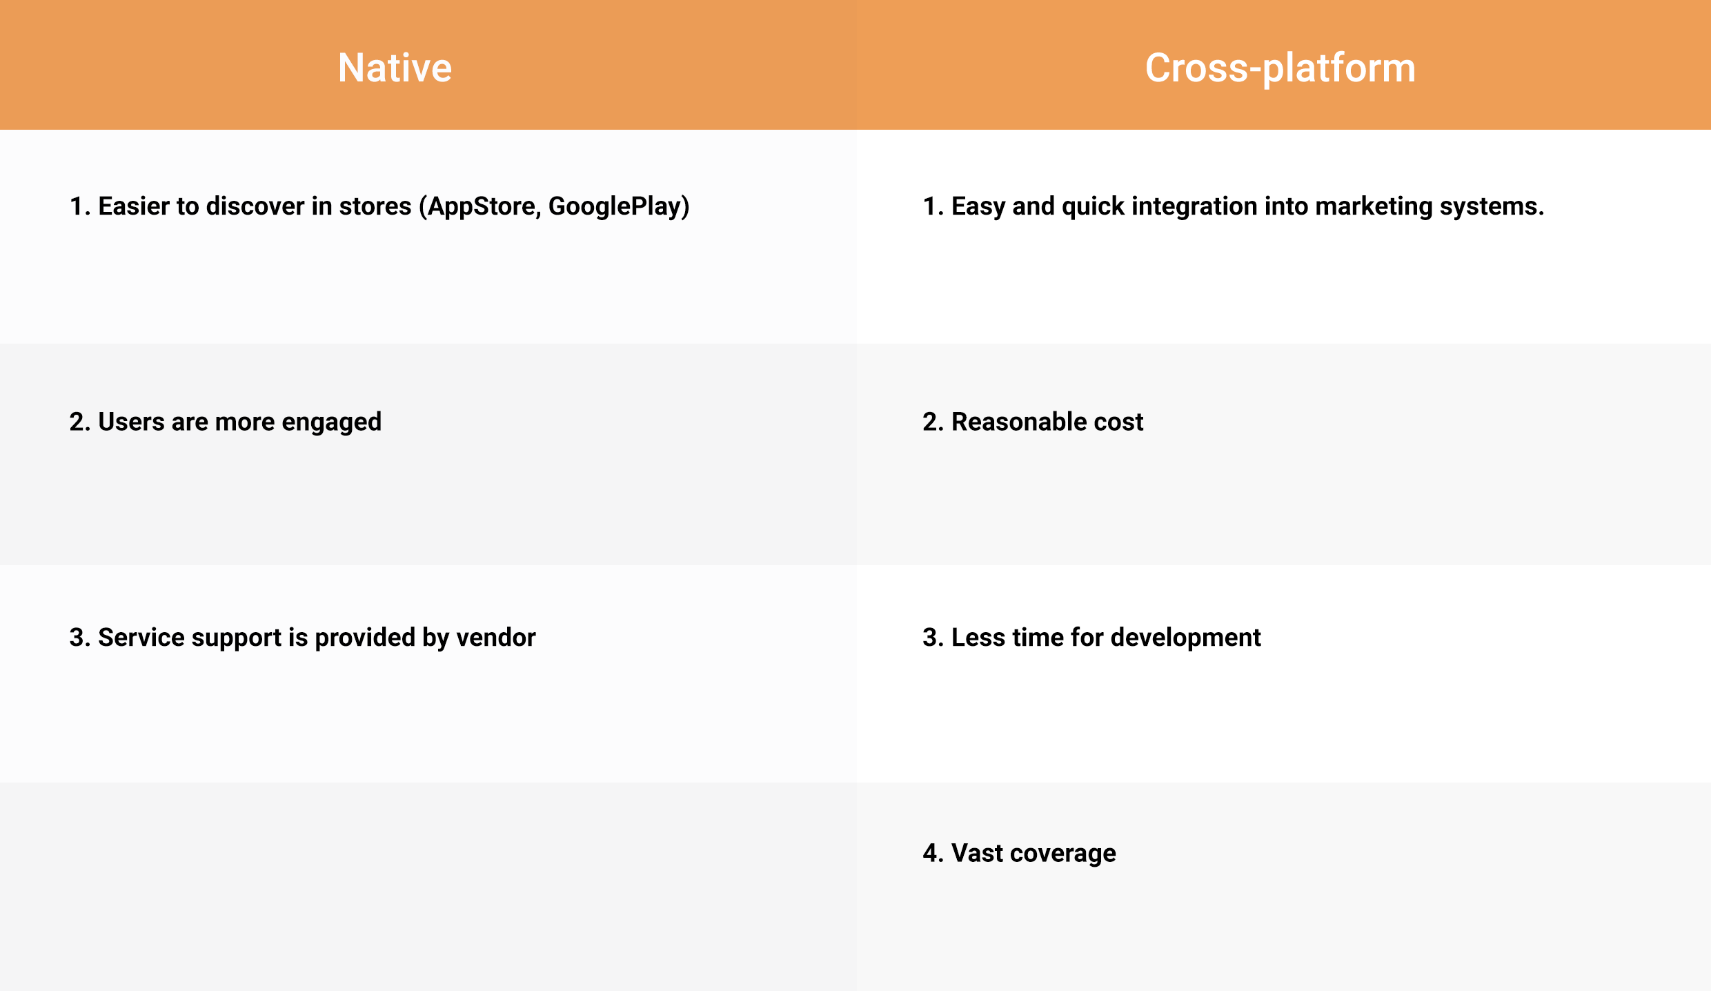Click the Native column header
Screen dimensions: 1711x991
click(x=395, y=68)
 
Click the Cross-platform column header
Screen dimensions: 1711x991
click(x=1280, y=69)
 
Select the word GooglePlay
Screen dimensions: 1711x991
click(x=615, y=206)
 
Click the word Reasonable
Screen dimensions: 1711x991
click(x=1018, y=422)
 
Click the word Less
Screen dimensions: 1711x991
click(x=978, y=638)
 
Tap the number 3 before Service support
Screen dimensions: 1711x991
click(x=77, y=638)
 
